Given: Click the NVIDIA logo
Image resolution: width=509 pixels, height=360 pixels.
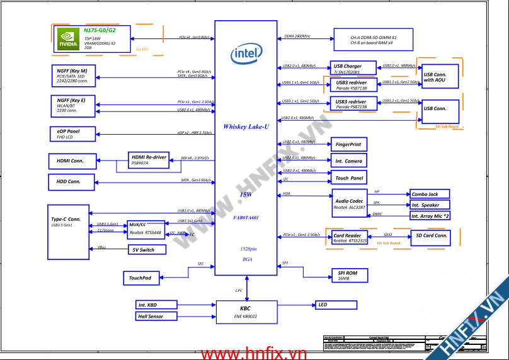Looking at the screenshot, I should (67, 38).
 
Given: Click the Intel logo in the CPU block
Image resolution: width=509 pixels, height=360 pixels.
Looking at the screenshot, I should (246, 54).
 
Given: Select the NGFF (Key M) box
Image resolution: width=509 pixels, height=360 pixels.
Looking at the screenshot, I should (72, 76).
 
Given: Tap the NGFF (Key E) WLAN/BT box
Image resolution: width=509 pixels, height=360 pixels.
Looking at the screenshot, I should (72, 105).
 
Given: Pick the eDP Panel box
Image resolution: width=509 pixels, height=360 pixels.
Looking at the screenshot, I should (72, 133).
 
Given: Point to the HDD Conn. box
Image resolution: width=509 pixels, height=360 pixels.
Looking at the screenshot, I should (71, 182).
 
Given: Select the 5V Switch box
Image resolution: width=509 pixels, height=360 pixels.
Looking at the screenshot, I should (147, 249).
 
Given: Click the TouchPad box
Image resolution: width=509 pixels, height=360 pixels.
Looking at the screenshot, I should (141, 278).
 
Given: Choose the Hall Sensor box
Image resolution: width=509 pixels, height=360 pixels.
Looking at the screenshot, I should (156, 316).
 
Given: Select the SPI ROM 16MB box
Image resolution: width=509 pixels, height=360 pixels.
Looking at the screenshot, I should (352, 275).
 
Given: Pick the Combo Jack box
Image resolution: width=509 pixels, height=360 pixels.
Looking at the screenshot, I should (429, 194).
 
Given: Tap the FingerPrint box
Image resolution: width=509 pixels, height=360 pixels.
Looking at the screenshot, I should (348, 144).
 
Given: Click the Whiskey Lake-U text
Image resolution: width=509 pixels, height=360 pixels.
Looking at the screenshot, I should (246, 127).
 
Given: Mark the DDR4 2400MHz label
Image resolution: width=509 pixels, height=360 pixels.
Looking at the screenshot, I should (298, 37).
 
